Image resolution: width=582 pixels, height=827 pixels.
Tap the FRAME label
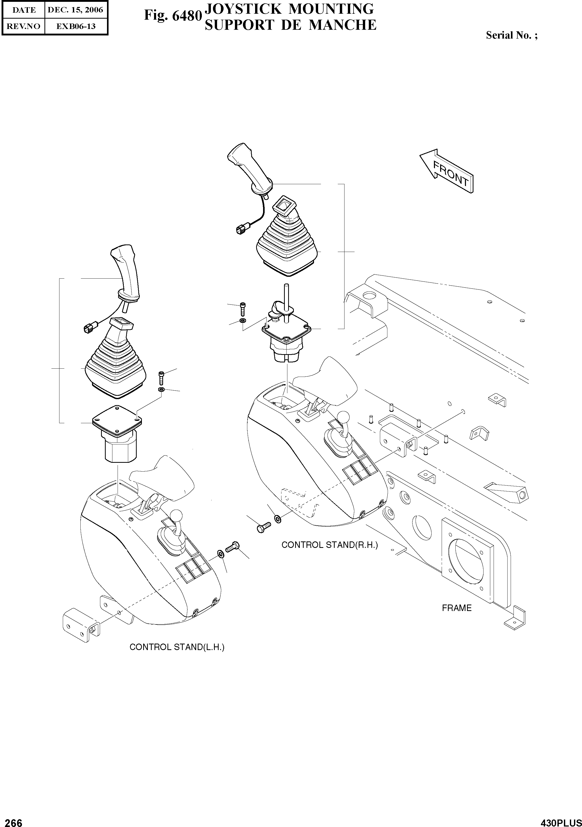pos(456,608)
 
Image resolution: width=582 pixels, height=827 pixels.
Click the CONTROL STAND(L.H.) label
pos(177,647)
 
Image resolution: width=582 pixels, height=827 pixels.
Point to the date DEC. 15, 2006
pos(75,10)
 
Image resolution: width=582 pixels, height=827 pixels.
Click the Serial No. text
pos(511,35)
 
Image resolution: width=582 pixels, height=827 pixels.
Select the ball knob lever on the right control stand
pos(344,419)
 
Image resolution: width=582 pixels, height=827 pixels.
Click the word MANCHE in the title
pos(343,25)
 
